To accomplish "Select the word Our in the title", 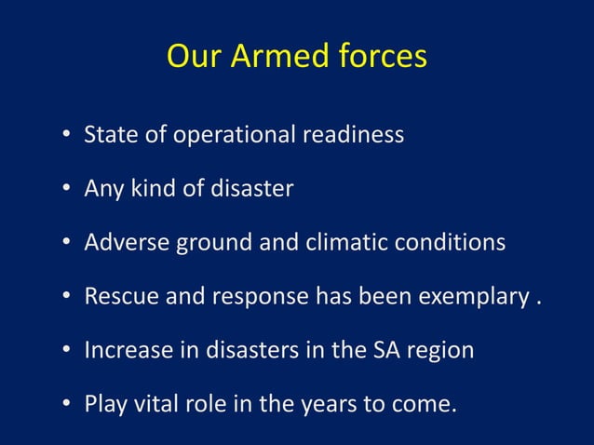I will point(193,57).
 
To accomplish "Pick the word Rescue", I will point(117,297).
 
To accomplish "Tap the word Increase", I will point(125,351).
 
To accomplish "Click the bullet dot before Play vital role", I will point(67,406).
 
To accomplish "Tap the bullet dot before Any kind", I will point(67,190).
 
